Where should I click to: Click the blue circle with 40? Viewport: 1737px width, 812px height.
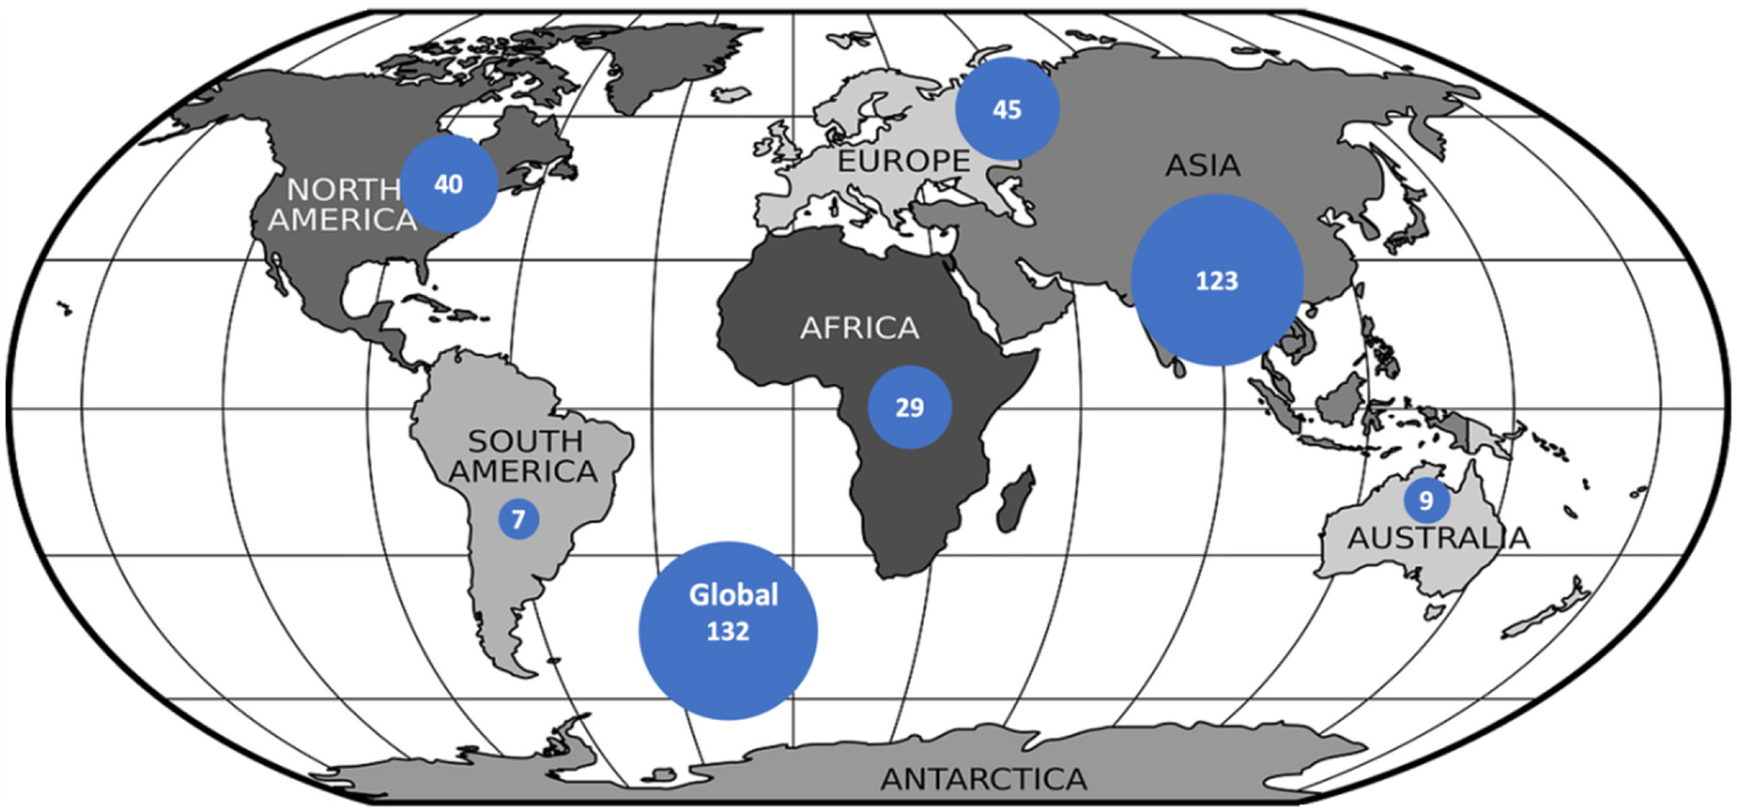pos(449,183)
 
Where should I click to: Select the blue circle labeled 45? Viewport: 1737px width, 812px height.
pos(1007,109)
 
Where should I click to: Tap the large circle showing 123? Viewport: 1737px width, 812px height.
pos(1216,280)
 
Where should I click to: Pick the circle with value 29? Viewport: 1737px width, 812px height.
pos(910,407)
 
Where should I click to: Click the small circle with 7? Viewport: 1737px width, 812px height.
pos(519,518)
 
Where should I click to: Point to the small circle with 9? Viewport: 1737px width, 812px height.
pos(1426,500)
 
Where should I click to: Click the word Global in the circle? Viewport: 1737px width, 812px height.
pos(733,595)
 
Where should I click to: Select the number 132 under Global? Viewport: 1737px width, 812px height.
pos(727,632)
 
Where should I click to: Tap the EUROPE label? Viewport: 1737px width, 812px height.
pos(903,161)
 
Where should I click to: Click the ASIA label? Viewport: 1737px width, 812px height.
pos(1203,166)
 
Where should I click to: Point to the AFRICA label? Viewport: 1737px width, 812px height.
pos(860,328)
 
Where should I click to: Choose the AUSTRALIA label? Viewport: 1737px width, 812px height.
pos(1438,537)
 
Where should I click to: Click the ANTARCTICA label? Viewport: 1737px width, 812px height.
pos(983,779)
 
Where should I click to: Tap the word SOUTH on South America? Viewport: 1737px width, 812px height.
pos(525,441)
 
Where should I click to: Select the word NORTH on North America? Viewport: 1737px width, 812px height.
pos(343,188)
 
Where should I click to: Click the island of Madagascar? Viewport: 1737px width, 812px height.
pos(1017,498)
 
